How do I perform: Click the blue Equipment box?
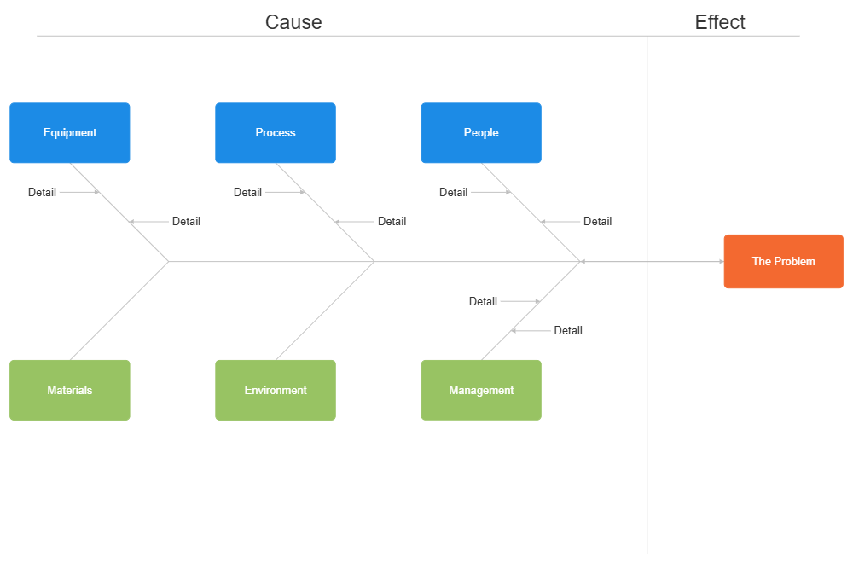tap(70, 133)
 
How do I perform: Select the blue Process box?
tap(276, 133)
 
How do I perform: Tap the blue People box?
tap(481, 133)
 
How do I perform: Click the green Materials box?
tap(70, 390)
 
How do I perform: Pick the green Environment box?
tap(276, 390)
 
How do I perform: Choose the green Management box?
tap(481, 390)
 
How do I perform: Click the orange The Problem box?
tap(783, 261)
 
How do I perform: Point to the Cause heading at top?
tap(293, 22)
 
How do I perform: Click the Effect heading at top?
tap(720, 22)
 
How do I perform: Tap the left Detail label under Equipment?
tap(42, 192)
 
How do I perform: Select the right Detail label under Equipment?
tap(186, 221)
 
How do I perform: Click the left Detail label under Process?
tap(247, 192)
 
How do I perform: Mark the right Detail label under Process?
tap(392, 221)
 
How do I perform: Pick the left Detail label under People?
tap(453, 192)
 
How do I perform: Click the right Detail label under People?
tap(597, 221)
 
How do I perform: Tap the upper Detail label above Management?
tap(483, 301)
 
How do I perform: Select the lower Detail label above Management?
tap(568, 330)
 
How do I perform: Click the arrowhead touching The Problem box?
tap(721, 262)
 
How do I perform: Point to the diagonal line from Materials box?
tap(119, 311)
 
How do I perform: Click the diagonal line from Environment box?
tap(325, 311)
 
